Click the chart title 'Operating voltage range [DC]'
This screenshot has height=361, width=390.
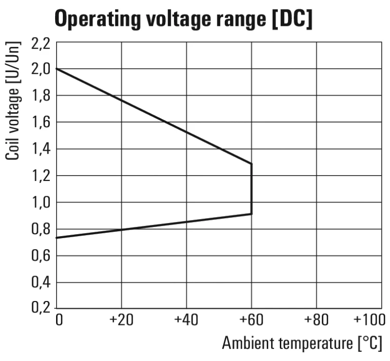point(184,19)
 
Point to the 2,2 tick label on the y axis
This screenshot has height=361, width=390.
point(41,43)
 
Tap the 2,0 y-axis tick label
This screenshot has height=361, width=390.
point(41,69)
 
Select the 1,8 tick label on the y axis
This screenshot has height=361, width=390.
point(41,96)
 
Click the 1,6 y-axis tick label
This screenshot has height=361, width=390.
point(41,122)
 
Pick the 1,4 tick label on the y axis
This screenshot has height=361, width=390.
point(41,149)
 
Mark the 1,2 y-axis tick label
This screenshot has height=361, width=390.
point(41,175)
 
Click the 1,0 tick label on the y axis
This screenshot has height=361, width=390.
point(41,202)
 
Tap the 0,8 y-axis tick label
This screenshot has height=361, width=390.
point(41,229)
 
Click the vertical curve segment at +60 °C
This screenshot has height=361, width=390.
point(252,189)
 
